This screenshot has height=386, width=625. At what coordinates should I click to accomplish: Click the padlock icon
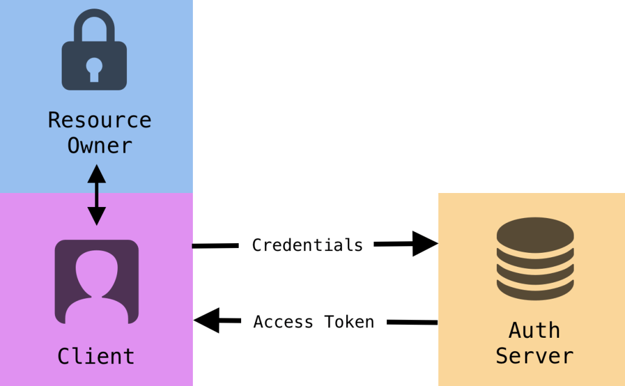tap(95, 52)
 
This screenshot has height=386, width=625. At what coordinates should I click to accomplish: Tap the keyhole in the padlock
tap(94, 69)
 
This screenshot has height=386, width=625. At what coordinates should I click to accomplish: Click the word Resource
tap(99, 120)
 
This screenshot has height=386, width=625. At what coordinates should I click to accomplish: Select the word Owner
tap(99, 146)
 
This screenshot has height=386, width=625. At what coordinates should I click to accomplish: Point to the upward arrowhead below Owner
tap(96, 173)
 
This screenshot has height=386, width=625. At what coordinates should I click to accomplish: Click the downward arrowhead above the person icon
tap(96, 216)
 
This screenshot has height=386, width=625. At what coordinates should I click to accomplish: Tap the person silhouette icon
tap(96, 281)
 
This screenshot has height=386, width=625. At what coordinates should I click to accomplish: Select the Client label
tap(96, 355)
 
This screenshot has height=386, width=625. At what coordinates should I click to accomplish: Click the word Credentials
tap(307, 245)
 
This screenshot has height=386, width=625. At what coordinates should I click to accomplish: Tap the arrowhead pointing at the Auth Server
tap(425, 244)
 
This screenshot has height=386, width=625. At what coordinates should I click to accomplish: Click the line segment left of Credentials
tap(215, 246)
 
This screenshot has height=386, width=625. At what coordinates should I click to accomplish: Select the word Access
tap(283, 322)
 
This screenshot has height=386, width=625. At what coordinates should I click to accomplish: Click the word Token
tap(349, 322)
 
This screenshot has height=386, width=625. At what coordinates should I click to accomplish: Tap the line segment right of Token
tap(412, 322)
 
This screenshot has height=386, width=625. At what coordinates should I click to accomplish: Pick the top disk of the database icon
tap(535, 231)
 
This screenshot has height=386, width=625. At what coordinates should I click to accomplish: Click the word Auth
tap(534, 330)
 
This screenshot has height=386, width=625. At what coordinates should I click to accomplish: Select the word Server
tap(534, 355)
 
